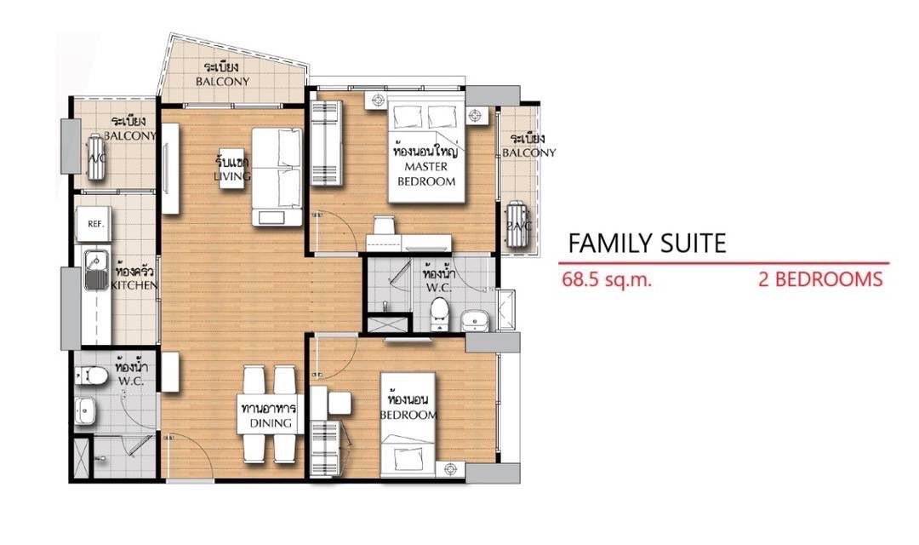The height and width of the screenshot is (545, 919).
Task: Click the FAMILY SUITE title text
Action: (647, 244)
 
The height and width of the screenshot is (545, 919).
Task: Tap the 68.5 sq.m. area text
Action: (607, 279)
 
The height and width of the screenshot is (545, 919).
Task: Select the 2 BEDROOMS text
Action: (820, 279)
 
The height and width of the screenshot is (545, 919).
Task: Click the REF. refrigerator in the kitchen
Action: (94, 223)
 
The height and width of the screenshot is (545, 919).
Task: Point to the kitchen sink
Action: (96, 270)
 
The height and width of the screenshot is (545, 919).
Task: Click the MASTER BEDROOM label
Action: (426, 174)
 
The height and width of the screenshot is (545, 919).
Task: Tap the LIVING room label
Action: (232, 176)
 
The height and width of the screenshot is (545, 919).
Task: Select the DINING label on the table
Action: (271, 423)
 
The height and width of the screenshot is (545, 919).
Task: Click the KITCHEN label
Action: (134, 285)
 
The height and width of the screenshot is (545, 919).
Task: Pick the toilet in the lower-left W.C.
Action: (91, 375)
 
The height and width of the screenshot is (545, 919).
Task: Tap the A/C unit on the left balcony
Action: (95, 157)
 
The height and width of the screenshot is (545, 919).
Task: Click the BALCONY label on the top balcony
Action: (223, 82)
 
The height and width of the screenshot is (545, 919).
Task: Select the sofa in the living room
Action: (277, 176)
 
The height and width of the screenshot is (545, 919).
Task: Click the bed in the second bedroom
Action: (408, 425)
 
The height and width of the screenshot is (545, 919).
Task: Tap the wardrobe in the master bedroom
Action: (326, 142)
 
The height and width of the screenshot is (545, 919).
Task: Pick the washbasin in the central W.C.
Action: (474, 321)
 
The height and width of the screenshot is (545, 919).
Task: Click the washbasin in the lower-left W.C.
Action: (85, 410)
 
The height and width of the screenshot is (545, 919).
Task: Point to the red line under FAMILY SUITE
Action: (724, 263)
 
